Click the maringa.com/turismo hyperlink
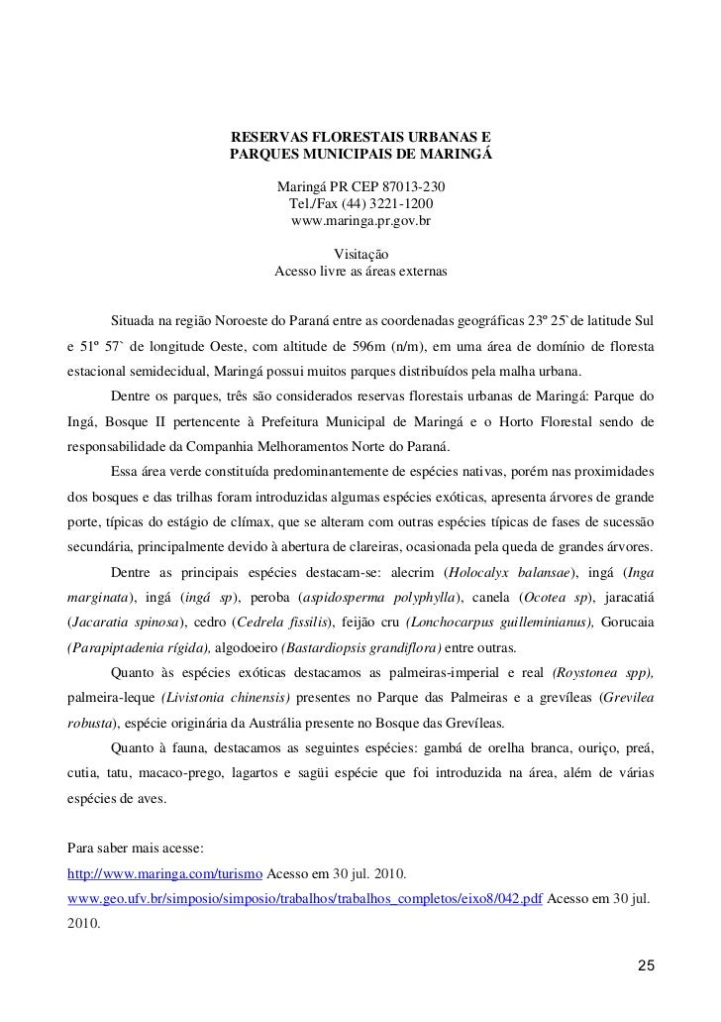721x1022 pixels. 164,876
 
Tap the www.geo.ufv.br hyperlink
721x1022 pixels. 303,902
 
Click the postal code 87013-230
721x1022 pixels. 412,186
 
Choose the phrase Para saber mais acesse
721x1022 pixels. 134,851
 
